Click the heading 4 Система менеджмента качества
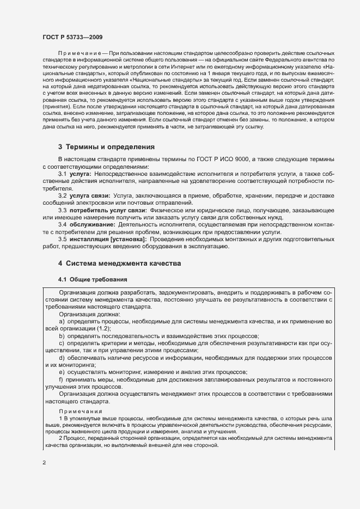[119, 263]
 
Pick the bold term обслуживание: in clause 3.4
[93, 224]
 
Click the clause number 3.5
[63, 239]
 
